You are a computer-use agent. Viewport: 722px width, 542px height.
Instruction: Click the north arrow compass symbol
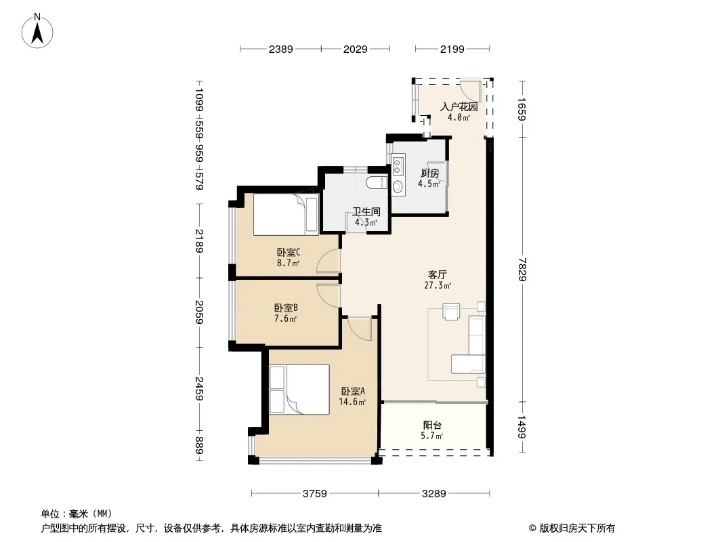tap(37, 31)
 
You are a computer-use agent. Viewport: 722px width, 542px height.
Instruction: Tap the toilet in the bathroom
tap(377, 183)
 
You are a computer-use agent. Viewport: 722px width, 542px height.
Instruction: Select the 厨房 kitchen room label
tap(429, 173)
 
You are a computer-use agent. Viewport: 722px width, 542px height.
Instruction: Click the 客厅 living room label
tap(437, 275)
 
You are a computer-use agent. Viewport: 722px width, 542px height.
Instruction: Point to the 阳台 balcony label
tap(432, 425)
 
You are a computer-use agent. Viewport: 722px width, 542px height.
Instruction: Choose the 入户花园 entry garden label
tap(459, 107)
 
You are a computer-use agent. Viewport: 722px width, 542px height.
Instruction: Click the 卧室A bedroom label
tap(353, 391)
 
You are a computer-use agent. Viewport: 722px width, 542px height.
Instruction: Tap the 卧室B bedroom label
tap(286, 308)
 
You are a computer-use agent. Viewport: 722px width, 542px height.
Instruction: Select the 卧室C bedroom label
tap(289, 252)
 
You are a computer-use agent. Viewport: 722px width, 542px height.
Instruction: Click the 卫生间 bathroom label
tap(366, 212)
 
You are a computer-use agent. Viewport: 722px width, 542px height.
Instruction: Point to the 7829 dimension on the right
tap(522, 270)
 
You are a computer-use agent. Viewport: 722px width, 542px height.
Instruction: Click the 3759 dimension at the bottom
tap(315, 494)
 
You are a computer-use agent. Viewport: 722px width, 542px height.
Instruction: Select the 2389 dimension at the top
tap(281, 49)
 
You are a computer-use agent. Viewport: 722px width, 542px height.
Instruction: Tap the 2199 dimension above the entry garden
tap(452, 49)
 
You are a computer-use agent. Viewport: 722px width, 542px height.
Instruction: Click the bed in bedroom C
tap(286, 215)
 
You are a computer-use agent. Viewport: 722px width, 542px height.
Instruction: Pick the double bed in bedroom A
tap(299, 390)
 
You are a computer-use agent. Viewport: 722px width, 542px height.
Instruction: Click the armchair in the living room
tap(451, 311)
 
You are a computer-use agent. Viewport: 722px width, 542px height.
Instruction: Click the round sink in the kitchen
tap(398, 186)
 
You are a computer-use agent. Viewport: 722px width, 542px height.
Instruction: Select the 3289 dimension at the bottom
tap(433, 494)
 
